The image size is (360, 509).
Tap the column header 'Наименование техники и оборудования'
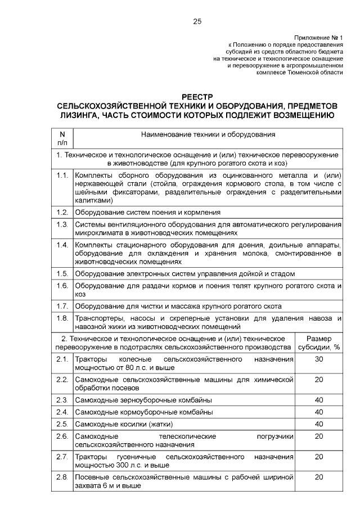click(x=208, y=135)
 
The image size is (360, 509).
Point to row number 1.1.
click(x=62, y=176)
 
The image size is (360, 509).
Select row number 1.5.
click(x=62, y=273)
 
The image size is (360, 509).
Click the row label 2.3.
click(x=62, y=400)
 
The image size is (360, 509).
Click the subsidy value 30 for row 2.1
click(x=319, y=358)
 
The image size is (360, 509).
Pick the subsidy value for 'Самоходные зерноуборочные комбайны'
click(x=319, y=400)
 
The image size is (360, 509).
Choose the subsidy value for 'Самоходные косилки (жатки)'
click(x=319, y=424)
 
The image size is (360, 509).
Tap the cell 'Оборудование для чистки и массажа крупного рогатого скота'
click(x=178, y=306)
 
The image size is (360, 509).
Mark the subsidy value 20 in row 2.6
click(x=319, y=435)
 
